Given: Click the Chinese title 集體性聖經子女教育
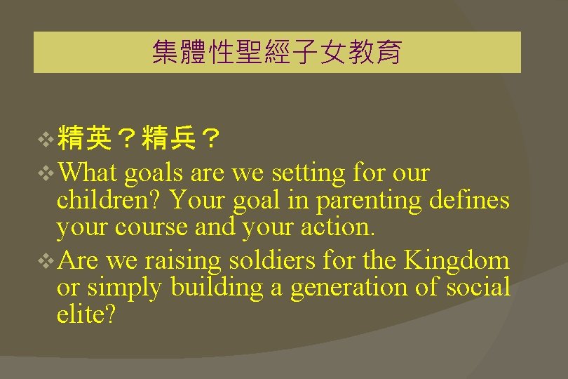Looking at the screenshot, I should (277, 53).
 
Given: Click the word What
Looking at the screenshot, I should (90, 172).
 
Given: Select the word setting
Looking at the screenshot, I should (310, 172).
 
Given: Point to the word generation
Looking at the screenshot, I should (325, 288).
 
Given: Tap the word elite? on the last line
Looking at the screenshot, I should (86, 315).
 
